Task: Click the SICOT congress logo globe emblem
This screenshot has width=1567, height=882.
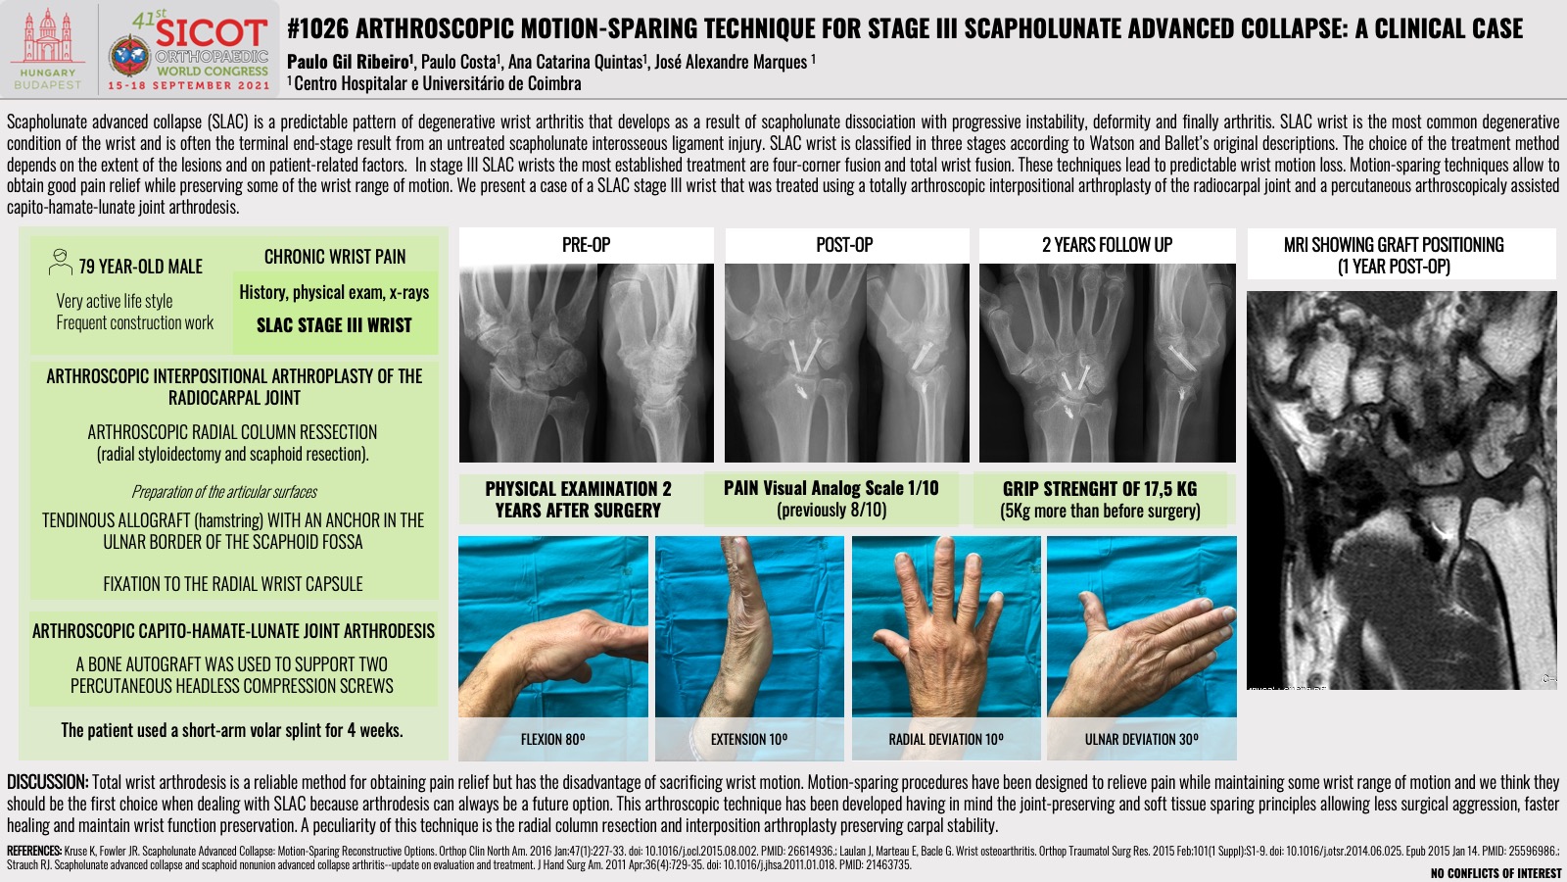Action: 130,56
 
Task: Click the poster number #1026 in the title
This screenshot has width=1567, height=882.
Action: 317,28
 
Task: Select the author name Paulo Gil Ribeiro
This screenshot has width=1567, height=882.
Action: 349,62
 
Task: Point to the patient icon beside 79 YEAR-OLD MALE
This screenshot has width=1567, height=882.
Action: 60,262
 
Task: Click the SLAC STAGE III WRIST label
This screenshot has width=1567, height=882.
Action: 334,325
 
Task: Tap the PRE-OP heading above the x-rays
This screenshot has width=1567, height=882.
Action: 587,245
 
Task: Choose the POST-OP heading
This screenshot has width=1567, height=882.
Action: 844,245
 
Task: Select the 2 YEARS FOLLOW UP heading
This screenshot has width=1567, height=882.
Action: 1107,245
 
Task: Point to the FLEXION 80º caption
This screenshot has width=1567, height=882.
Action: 552,739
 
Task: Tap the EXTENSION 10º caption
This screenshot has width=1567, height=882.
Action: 749,739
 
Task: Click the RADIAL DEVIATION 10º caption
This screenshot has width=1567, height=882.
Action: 946,739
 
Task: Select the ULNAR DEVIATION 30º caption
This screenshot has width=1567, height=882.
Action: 1142,739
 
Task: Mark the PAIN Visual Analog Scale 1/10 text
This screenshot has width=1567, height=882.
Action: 831,488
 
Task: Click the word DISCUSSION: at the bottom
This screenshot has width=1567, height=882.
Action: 48,782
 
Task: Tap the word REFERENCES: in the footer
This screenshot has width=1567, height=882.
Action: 34,852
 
